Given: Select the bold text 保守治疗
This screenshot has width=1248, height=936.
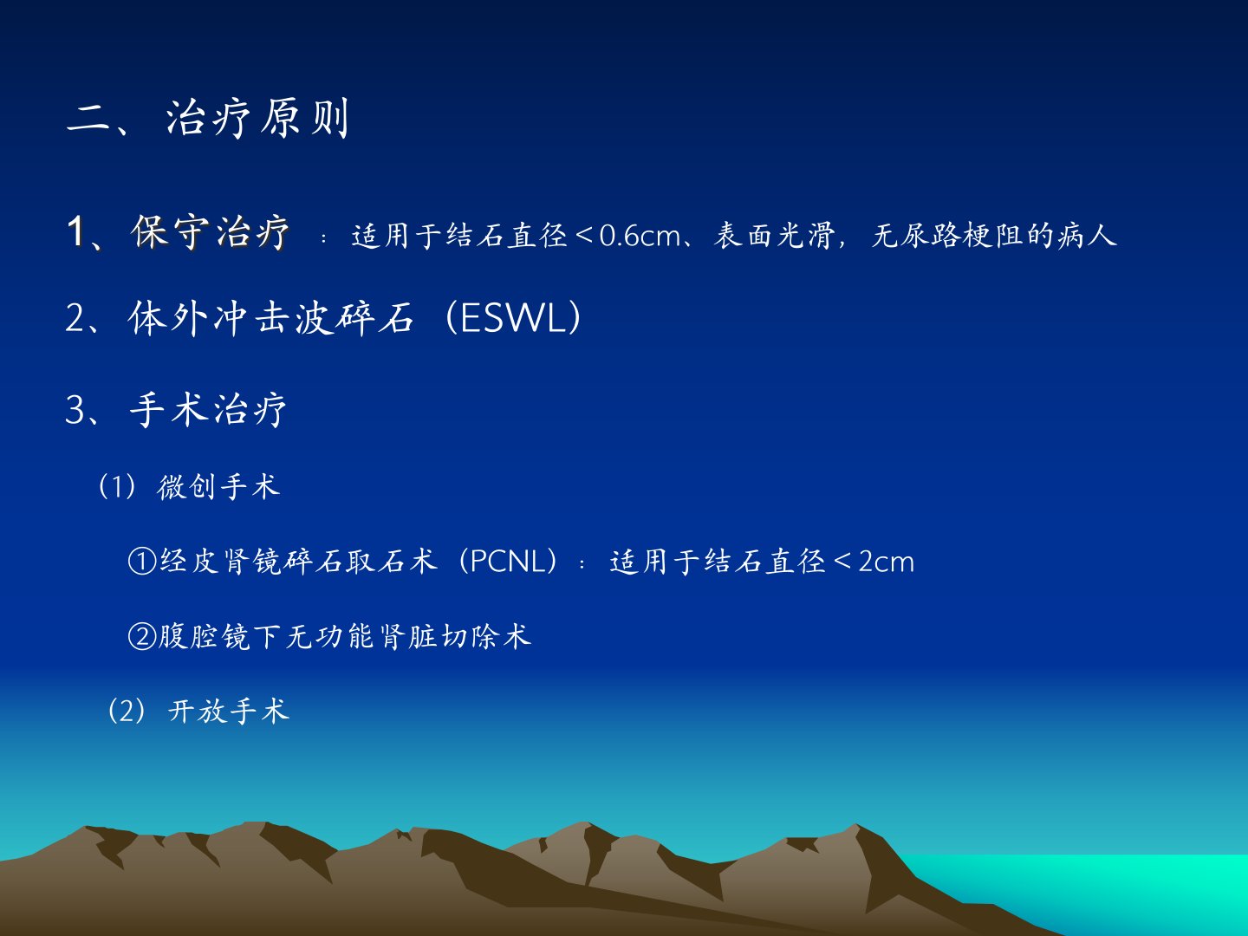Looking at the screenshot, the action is [211, 232].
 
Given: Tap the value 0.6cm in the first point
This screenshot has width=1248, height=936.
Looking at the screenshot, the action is [640, 236].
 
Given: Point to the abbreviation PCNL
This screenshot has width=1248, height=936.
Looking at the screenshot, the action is [508, 562].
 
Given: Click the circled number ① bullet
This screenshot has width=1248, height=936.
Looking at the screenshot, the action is [142, 562].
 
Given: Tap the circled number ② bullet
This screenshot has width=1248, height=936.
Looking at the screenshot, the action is [142, 636].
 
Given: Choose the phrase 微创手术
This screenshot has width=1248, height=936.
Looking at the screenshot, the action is [218, 487].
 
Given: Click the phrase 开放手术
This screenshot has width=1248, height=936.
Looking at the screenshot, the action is [229, 711].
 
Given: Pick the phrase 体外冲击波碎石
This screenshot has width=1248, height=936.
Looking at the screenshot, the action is [270, 318].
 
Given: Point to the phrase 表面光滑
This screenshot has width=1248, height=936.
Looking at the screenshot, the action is [775, 235].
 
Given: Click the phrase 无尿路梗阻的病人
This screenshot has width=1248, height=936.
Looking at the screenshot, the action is [994, 235].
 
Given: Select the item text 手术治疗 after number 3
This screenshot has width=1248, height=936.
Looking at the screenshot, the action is [208, 410].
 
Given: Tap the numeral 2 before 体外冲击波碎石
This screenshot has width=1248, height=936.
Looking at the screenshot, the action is [75, 318].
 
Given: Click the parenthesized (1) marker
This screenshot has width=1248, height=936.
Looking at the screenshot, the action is [117, 487].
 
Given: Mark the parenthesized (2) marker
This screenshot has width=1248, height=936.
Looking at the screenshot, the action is [127, 711].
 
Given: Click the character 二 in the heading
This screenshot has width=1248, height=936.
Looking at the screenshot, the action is [88, 120].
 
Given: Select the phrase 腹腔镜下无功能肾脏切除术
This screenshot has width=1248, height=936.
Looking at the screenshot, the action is [345, 636].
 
